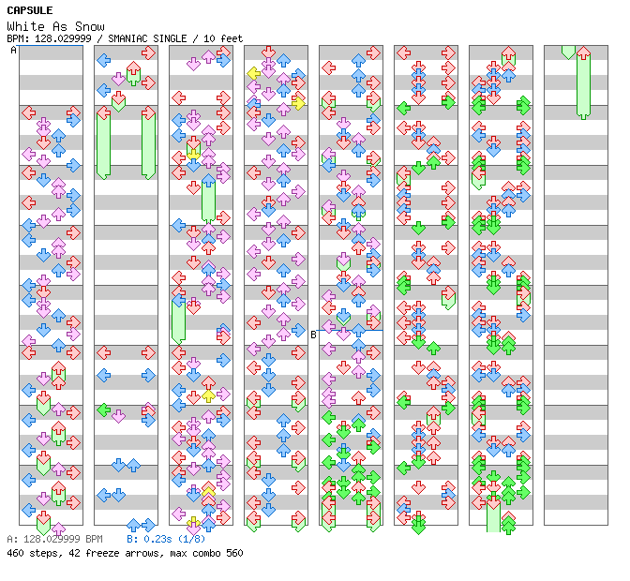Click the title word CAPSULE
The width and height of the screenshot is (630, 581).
click(29, 11)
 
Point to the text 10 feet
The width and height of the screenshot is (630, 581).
click(222, 38)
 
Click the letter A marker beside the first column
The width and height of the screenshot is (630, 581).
click(13, 51)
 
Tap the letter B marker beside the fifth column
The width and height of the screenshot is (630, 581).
click(313, 334)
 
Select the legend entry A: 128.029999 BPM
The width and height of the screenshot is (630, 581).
click(54, 540)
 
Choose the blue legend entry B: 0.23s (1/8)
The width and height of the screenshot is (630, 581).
click(166, 540)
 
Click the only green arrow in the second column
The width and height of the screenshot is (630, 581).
click(103, 410)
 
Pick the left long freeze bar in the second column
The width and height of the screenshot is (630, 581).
click(103, 142)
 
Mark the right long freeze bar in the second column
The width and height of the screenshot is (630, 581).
click(148, 142)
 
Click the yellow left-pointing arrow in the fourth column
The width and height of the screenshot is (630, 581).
click(253, 73)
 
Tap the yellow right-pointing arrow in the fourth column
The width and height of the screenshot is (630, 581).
click(298, 102)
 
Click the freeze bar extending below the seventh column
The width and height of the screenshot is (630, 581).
click(493, 515)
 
